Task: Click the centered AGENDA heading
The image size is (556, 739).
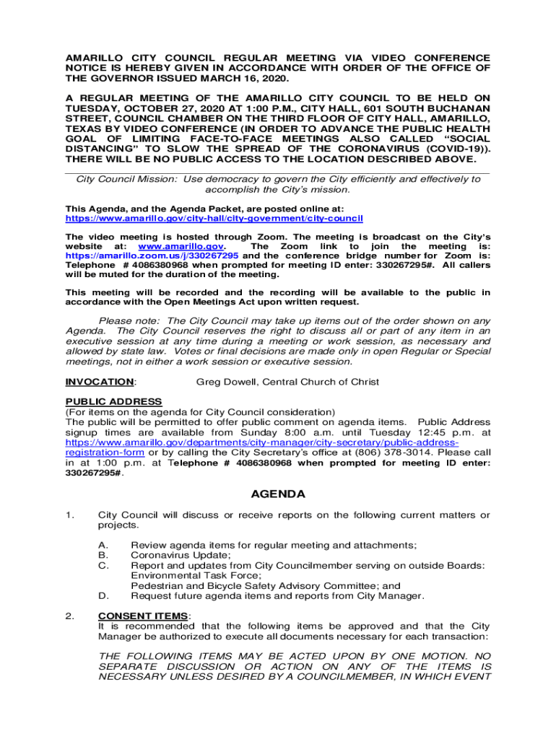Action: tap(278, 494)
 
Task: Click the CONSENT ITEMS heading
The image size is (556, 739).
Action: tap(143, 616)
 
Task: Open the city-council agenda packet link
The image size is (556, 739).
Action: tap(214, 218)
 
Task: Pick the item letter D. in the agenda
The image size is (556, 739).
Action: tap(103, 596)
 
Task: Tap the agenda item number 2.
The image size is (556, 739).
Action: tap(69, 616)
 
